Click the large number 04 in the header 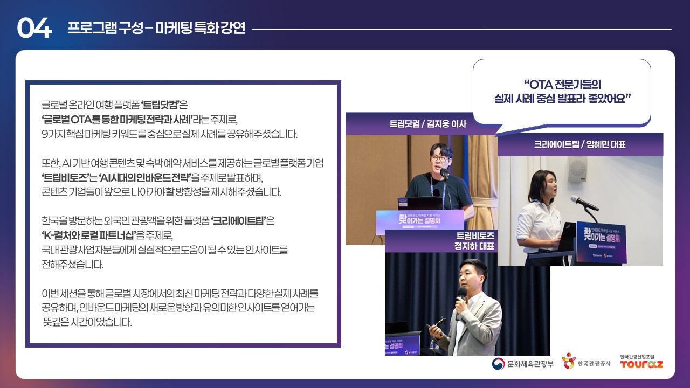34,27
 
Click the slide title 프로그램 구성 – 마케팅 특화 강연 156,27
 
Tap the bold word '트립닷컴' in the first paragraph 160,105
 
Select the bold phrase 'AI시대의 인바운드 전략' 145,177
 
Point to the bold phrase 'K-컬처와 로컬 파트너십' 89,235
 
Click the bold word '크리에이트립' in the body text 239,221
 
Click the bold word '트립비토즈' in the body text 65,177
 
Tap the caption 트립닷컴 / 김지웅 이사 428,124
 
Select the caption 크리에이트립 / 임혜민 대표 579,144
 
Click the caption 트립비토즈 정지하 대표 474,241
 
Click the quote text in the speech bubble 562,92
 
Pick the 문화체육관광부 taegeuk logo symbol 498,364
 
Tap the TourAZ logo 641,362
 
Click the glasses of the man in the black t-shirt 439,158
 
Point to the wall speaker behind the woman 577,170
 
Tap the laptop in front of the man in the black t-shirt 420,203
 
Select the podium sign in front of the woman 601,242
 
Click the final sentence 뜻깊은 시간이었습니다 87,322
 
